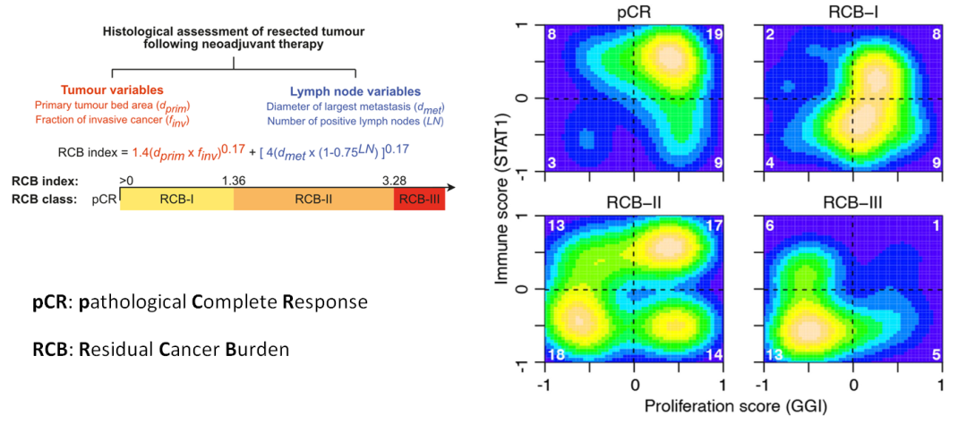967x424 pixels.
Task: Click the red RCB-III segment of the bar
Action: pos(419,199)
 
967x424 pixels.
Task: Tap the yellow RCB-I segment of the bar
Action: pos(176,199)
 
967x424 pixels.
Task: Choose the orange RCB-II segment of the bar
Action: pos(313,199)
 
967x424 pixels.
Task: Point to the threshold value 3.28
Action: pos(395,180)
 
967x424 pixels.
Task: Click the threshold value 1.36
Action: pos(235,180)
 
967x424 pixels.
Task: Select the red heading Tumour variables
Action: pos(112,90)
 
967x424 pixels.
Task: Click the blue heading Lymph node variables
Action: pos(355,93)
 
